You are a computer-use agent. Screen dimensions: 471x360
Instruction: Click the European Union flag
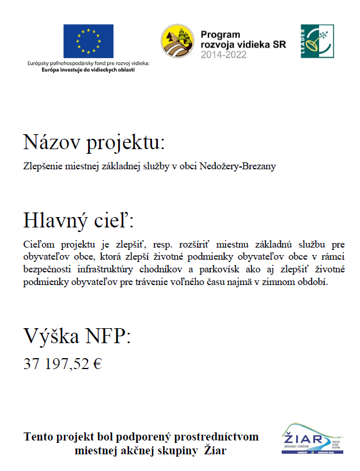[x=88, y=41]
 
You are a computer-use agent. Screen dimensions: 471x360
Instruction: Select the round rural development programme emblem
[x=177, y=41]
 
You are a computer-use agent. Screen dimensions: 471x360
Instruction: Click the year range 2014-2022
[x=223, y=55]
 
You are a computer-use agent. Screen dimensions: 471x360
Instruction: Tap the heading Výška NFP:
[x=77, y=336]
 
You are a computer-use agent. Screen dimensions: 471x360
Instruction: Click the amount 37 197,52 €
[x=62, y=363]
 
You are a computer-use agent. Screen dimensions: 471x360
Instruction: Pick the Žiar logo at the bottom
[x=312, y=439]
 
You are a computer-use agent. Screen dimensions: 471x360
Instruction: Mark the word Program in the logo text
[x=220, y=35]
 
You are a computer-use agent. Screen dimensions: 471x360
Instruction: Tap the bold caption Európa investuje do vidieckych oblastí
[x=88, y=69]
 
